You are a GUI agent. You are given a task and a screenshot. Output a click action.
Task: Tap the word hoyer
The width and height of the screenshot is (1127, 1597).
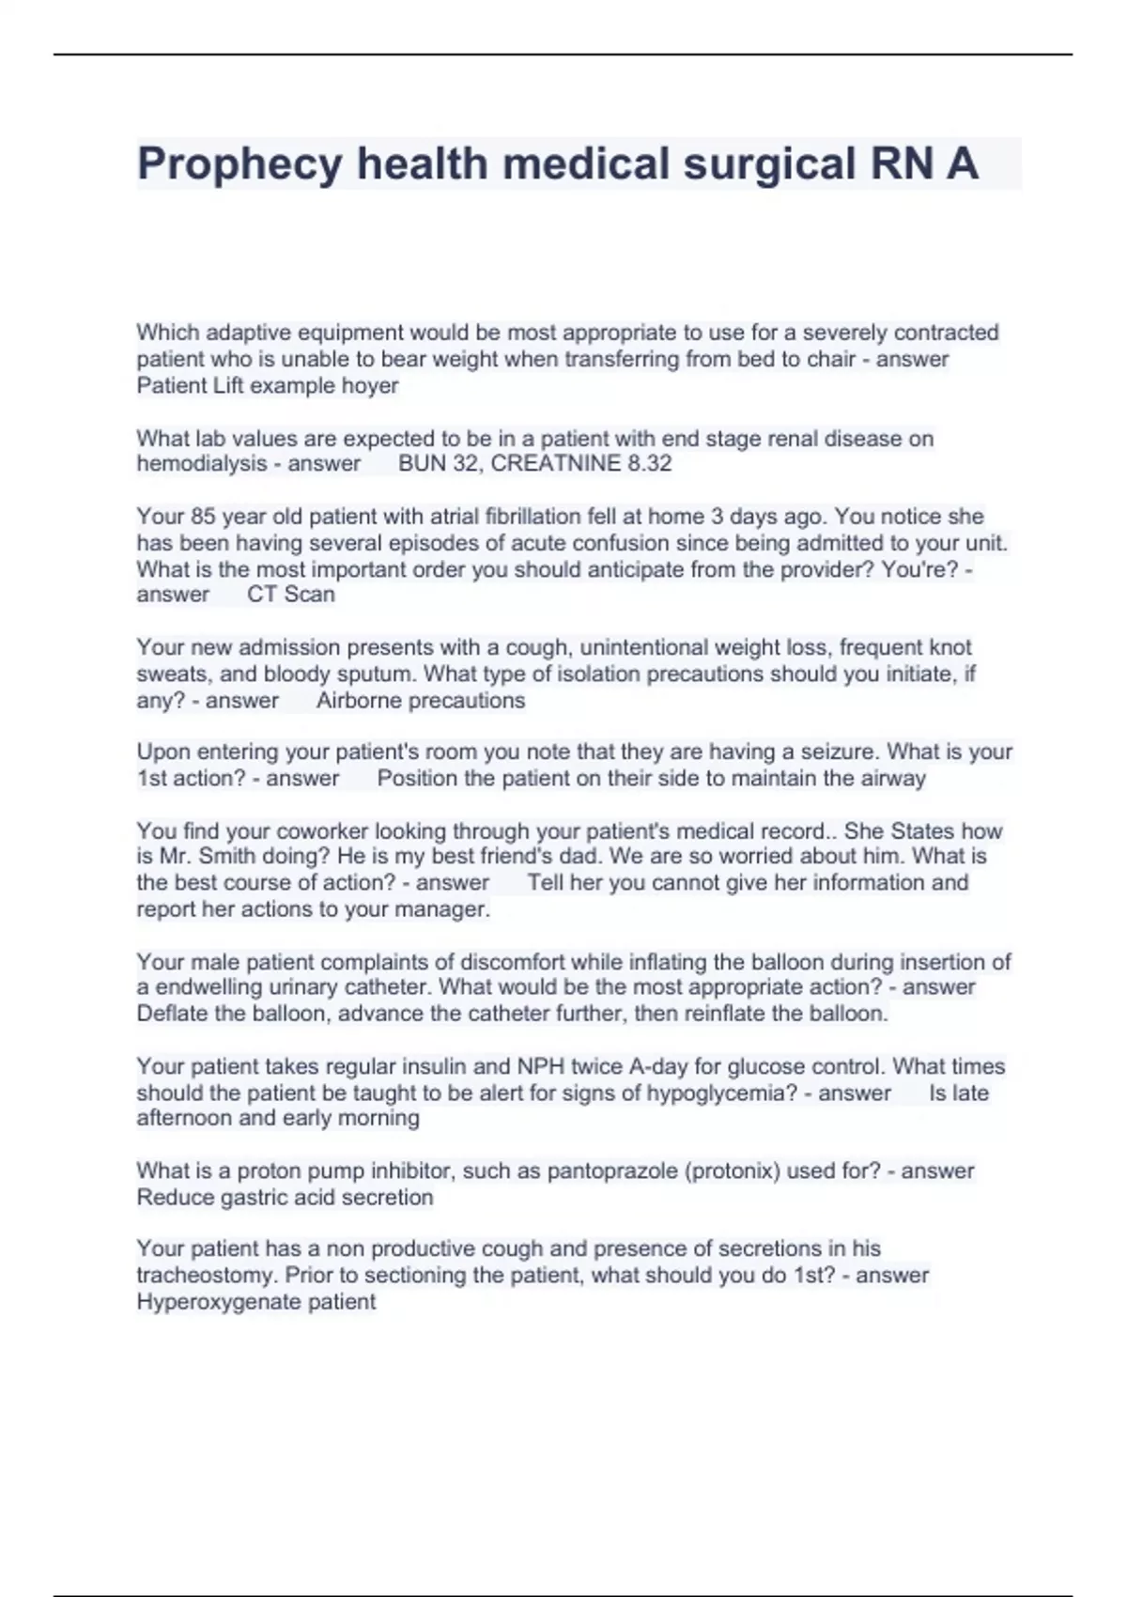tap(371, 385)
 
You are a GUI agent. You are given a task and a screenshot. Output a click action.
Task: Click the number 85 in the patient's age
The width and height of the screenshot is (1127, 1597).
tap(203, 517)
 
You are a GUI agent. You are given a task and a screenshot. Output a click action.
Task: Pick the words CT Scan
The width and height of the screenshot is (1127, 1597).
tap(291, 595)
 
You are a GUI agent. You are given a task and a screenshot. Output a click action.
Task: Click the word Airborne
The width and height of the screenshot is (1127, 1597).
tap(358, 700)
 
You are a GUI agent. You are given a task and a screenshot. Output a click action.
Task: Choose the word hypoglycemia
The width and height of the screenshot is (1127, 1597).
tap(718, 1093)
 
